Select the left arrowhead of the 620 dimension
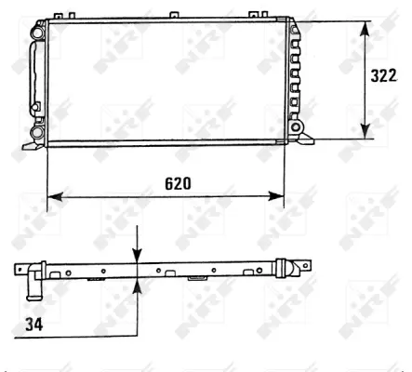[54, 195]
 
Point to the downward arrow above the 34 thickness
[137, 256]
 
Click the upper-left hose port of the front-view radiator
[36, 33]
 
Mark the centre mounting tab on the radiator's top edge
[173, 16]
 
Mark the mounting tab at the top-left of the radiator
[60, 16]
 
